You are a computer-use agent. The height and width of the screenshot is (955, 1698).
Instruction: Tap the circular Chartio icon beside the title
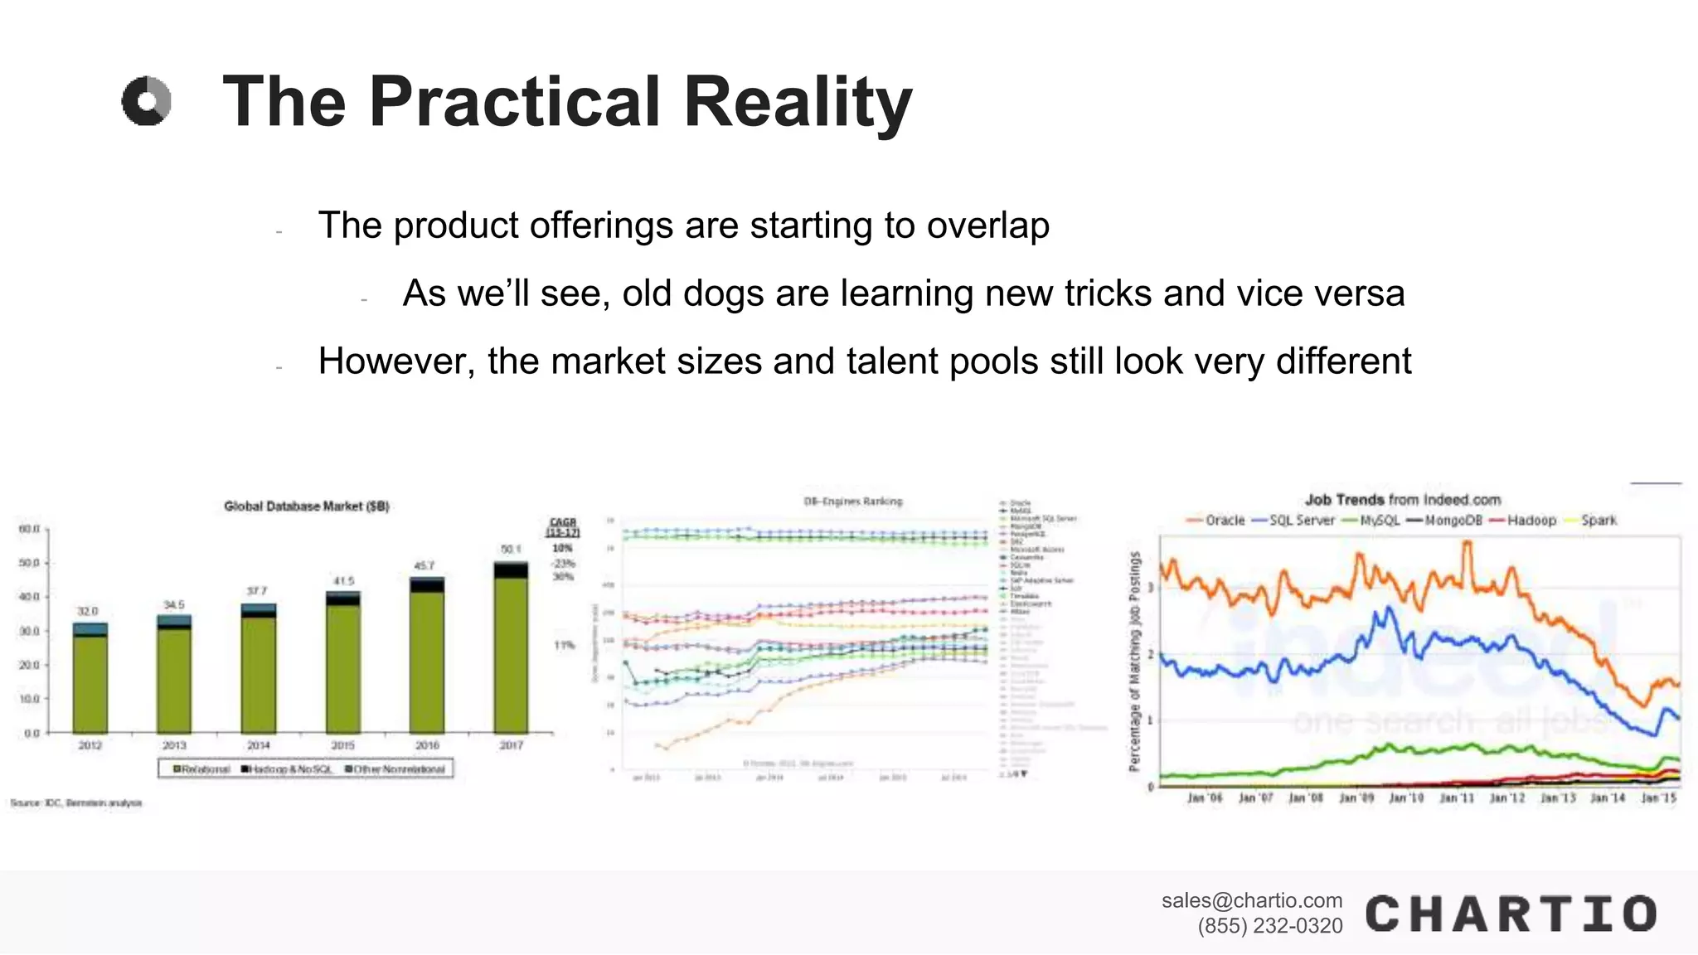(147, 101)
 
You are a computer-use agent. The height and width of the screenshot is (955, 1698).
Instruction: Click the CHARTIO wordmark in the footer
(1511, 914)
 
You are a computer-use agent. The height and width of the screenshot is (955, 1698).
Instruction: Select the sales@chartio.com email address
(1251, 900)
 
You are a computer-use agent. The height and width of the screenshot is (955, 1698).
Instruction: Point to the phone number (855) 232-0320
(1269, 926)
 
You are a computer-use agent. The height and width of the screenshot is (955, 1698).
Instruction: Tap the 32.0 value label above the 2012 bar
(87, 611)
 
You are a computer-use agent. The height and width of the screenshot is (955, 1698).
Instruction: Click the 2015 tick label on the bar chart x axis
(342, 745)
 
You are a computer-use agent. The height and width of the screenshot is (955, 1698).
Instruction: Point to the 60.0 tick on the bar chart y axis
(30, 529)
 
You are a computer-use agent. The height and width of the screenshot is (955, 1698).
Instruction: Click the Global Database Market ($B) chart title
(306, 506)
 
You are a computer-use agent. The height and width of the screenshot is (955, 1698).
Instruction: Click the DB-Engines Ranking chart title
(852, 501)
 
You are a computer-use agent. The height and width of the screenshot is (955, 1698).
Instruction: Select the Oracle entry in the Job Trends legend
(1216, 521)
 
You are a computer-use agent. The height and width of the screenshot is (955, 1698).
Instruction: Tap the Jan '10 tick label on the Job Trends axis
(1406, 797)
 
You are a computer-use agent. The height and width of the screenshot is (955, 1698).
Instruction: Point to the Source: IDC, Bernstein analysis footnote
(76, 802)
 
